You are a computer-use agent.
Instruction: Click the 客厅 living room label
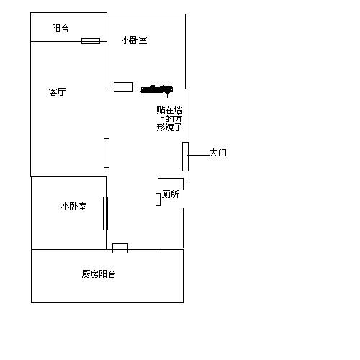pos(57,91)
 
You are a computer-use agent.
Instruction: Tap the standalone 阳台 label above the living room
pos(60,29)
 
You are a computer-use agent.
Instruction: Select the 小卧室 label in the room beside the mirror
pos(134,40)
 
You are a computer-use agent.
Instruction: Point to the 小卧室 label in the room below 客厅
pos(73,207)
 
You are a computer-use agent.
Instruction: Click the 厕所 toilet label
pos(171,194)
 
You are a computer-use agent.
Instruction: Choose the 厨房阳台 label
pos(99,274)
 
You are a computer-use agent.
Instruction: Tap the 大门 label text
pos(217,153)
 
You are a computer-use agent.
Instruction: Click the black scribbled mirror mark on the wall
pos(156,89)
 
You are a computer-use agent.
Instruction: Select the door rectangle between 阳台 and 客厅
pos(91,41)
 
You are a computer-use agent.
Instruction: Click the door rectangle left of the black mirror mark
pos(123,87)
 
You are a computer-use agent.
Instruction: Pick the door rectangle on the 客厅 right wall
pos(107,153)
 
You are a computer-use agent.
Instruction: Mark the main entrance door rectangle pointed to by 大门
pos(185,156)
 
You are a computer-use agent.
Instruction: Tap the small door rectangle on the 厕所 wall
pos(158,199)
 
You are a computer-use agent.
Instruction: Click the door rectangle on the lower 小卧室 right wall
pos(105,213)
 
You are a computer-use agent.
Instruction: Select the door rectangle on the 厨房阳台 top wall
pos(120,248)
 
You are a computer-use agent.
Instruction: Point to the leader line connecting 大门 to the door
pos(199,156)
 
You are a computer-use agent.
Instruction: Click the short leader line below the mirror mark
pos(168,99)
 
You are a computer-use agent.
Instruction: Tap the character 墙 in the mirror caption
pos(178,110)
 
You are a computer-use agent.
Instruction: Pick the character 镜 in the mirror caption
pos(169,127)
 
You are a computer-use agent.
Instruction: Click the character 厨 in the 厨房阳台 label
pos(86,274)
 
